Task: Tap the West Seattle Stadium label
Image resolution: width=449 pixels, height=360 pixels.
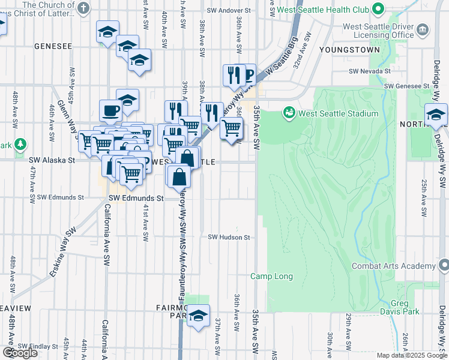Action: [339, 113]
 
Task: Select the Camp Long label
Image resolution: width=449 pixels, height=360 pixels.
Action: [271, 277]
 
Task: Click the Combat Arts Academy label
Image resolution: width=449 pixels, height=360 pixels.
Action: [393, 266]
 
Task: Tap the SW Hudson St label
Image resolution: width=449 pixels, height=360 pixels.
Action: [229, 238]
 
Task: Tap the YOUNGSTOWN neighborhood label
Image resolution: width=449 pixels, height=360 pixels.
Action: [350, 50]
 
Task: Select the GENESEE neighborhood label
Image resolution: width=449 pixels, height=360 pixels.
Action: [53, 46]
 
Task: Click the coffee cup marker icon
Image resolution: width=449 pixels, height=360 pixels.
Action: [111, 110]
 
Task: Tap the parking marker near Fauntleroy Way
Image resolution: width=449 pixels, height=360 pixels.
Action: [247, 75]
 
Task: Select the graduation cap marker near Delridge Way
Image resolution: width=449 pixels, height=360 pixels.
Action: [436, 114]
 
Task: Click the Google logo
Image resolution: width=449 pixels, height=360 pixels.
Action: [20, 353]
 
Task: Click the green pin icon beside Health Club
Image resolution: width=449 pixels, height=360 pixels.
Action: [378, 10]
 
